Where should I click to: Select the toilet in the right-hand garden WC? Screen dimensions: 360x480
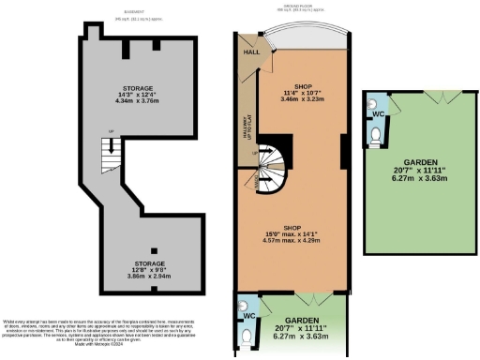point(376,138)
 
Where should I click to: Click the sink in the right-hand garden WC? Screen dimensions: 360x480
point(370,106)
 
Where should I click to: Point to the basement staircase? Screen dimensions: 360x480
point(111,155)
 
